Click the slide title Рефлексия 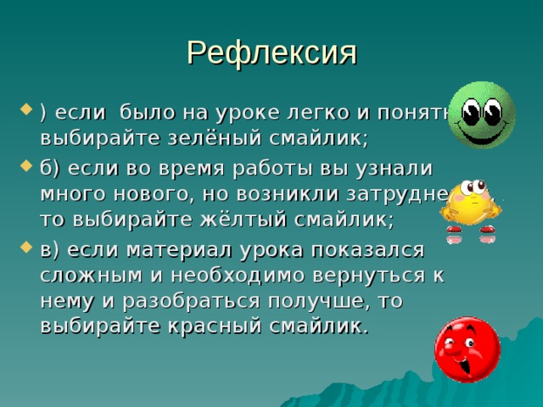(x=271, y=53)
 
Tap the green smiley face (x=481, y=115)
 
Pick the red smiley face (x=467, y=349)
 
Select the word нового (x=159, y=193)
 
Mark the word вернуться (x=373, y=276)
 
